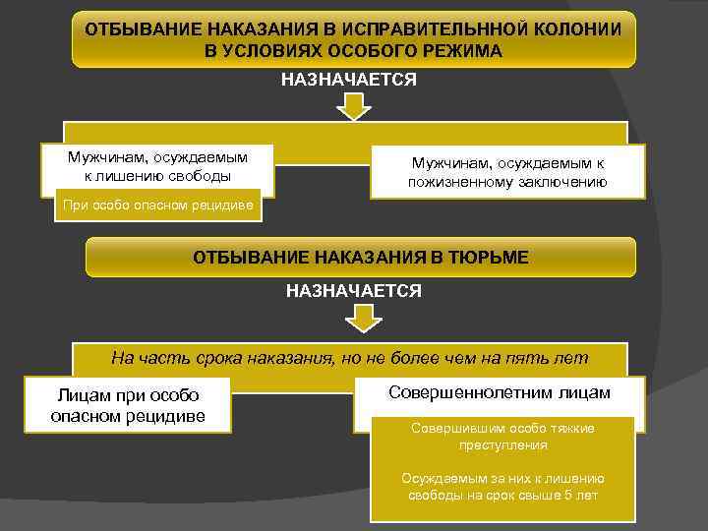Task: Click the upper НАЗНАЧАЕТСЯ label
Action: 349,79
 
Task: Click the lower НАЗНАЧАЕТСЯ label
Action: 353,291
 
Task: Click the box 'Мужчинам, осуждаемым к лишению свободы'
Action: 157,167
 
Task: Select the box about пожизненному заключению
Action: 507,172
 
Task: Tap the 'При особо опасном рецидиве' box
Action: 157,206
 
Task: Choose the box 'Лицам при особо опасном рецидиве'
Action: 128,405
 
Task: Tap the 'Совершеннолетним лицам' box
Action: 500,393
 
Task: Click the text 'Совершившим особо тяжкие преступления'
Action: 502,437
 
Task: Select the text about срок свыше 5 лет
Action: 502,487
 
